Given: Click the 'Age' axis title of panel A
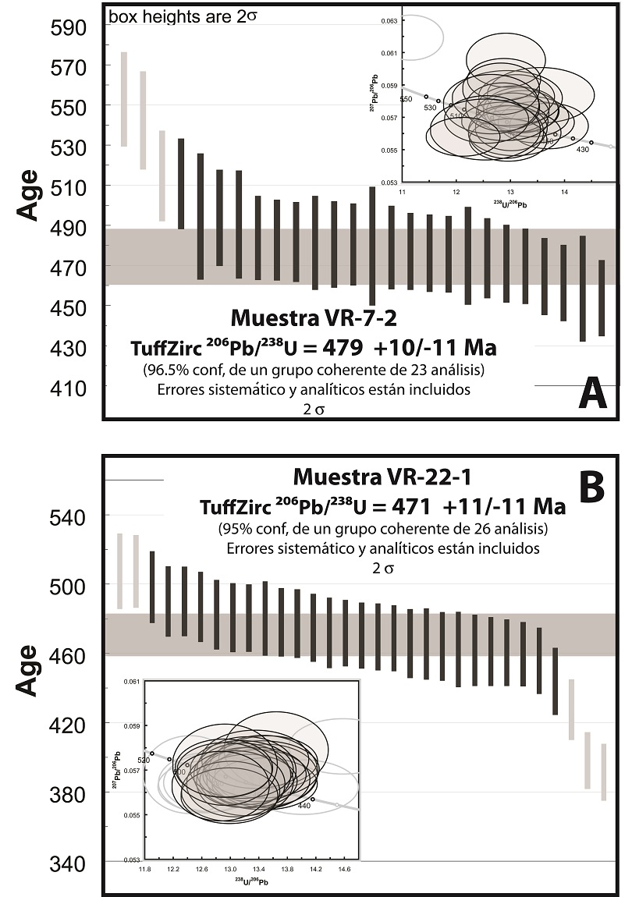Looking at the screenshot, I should tap(29, 195).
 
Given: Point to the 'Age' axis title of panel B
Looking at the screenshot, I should tap(29, 669).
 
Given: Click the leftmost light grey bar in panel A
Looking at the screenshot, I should tap(123, 99).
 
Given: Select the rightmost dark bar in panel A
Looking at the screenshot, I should tap(602, 298).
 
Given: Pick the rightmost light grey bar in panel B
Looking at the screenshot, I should tap(603, 772).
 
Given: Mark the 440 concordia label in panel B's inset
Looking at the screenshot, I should tap(304, 806).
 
